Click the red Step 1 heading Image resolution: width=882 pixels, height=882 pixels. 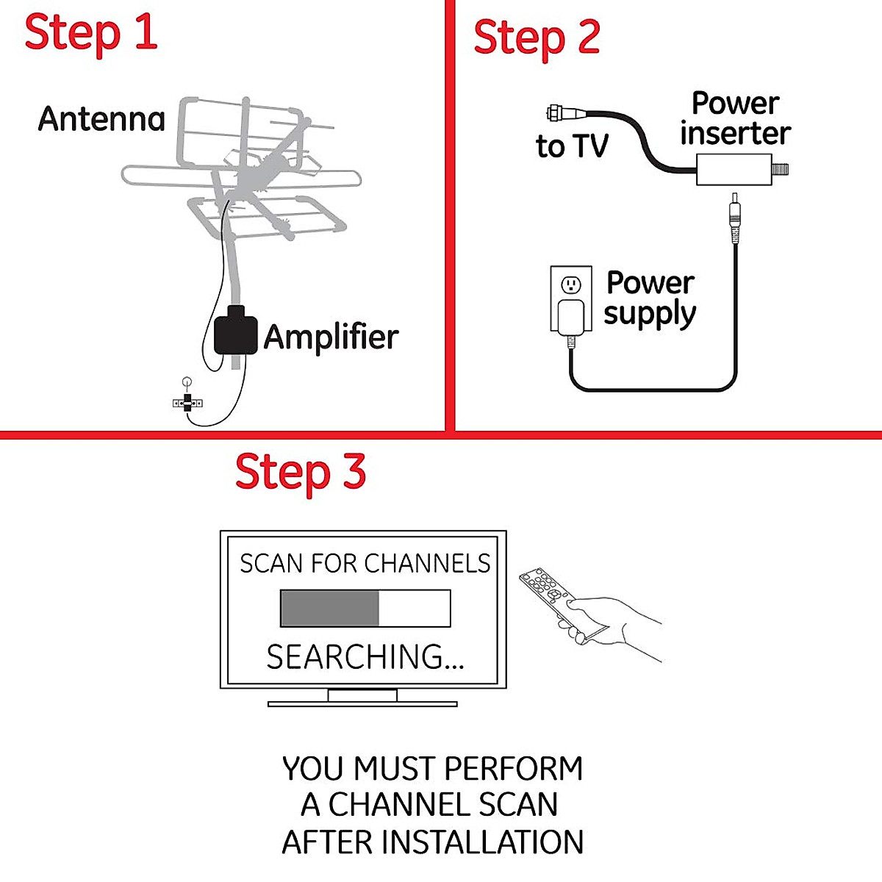click(91, 33)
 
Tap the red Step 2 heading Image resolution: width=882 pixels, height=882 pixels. click(537, 37)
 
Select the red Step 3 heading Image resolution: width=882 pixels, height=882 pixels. click(300, 472)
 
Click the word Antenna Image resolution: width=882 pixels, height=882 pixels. click(101, 119)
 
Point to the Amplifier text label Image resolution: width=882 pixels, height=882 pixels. click(331, 337)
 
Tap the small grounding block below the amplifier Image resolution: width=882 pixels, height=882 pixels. click(187, 402)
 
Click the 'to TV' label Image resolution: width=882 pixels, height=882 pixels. click(572, 146)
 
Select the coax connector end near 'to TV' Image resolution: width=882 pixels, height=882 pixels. click(556, 113)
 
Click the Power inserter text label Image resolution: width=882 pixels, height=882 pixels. click(735, 119)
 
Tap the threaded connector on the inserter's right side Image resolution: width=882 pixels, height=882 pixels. click(781, 170)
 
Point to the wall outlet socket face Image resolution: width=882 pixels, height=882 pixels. click(571, 284)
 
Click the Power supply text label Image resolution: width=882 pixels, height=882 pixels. click(650, 298)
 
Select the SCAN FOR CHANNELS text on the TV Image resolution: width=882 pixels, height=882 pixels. click(365, 564)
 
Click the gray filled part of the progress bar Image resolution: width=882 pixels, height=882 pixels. click(329, 609)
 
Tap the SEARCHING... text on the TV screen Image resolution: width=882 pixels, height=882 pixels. click(365, 656)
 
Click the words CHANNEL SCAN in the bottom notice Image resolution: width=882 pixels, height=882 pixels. click(442, 805)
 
